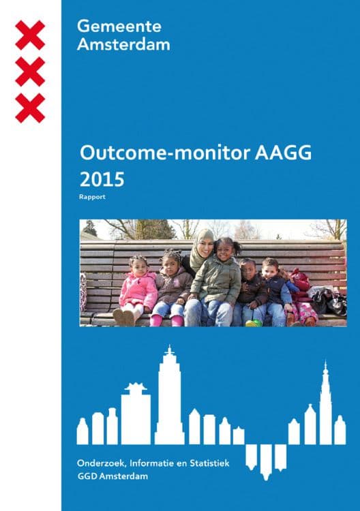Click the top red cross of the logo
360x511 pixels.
point(30,35)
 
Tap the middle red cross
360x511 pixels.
point(30,72)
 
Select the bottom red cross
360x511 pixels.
point(30,108)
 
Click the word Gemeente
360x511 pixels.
point(119,26)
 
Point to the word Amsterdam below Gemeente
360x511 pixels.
point(123,44)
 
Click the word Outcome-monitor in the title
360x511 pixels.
point(165,153)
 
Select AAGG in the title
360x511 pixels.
point(283,153)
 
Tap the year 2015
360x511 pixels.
point(102,179)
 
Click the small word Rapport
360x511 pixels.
point(92,197)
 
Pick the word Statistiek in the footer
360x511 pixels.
point(209,463)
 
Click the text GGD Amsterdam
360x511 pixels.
point(112,476)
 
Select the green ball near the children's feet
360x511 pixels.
point(254,323)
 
